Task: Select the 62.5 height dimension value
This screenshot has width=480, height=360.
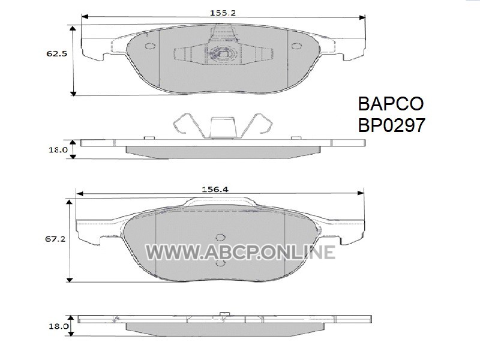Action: pyautogui.click(x=56, y=54)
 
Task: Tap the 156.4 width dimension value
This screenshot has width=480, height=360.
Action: pyautogui.click(x=215, y=190)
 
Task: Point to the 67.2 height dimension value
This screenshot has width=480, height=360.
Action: pyautogui.click(x=55, y=239)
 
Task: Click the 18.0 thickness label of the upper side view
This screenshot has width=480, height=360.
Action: pyautogui.click(x=58, y=150)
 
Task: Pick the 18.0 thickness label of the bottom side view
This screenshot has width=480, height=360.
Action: pyautogui.click(x=58, y=326)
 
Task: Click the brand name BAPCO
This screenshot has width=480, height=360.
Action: pyautogui.click(x=391, y=104)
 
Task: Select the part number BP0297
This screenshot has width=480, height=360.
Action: pyautogui.click(x=392, y=125)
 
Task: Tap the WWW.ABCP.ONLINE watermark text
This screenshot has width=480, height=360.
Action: pyautogui.click(x=240, y=253)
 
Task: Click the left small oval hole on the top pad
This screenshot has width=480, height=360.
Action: pyautogui.click(x=149, y=46)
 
